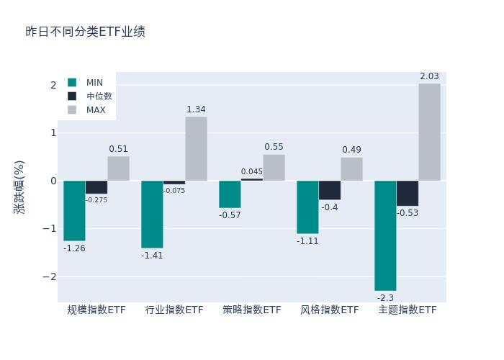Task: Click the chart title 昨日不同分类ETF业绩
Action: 85,32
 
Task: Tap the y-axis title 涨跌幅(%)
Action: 19,187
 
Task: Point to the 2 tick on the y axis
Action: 53,85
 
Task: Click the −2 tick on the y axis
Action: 50,276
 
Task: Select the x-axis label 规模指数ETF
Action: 96,310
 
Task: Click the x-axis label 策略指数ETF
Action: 252,310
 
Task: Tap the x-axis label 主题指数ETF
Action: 408,310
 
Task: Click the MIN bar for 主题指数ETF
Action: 385,235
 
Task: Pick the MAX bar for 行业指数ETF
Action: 196,148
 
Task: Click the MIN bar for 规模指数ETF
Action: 74,210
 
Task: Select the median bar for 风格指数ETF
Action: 330,190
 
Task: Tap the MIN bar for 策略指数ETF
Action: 230,194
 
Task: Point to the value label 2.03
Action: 429,77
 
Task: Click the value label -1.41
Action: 152,256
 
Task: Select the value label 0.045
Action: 252,172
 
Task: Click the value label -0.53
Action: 407,213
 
